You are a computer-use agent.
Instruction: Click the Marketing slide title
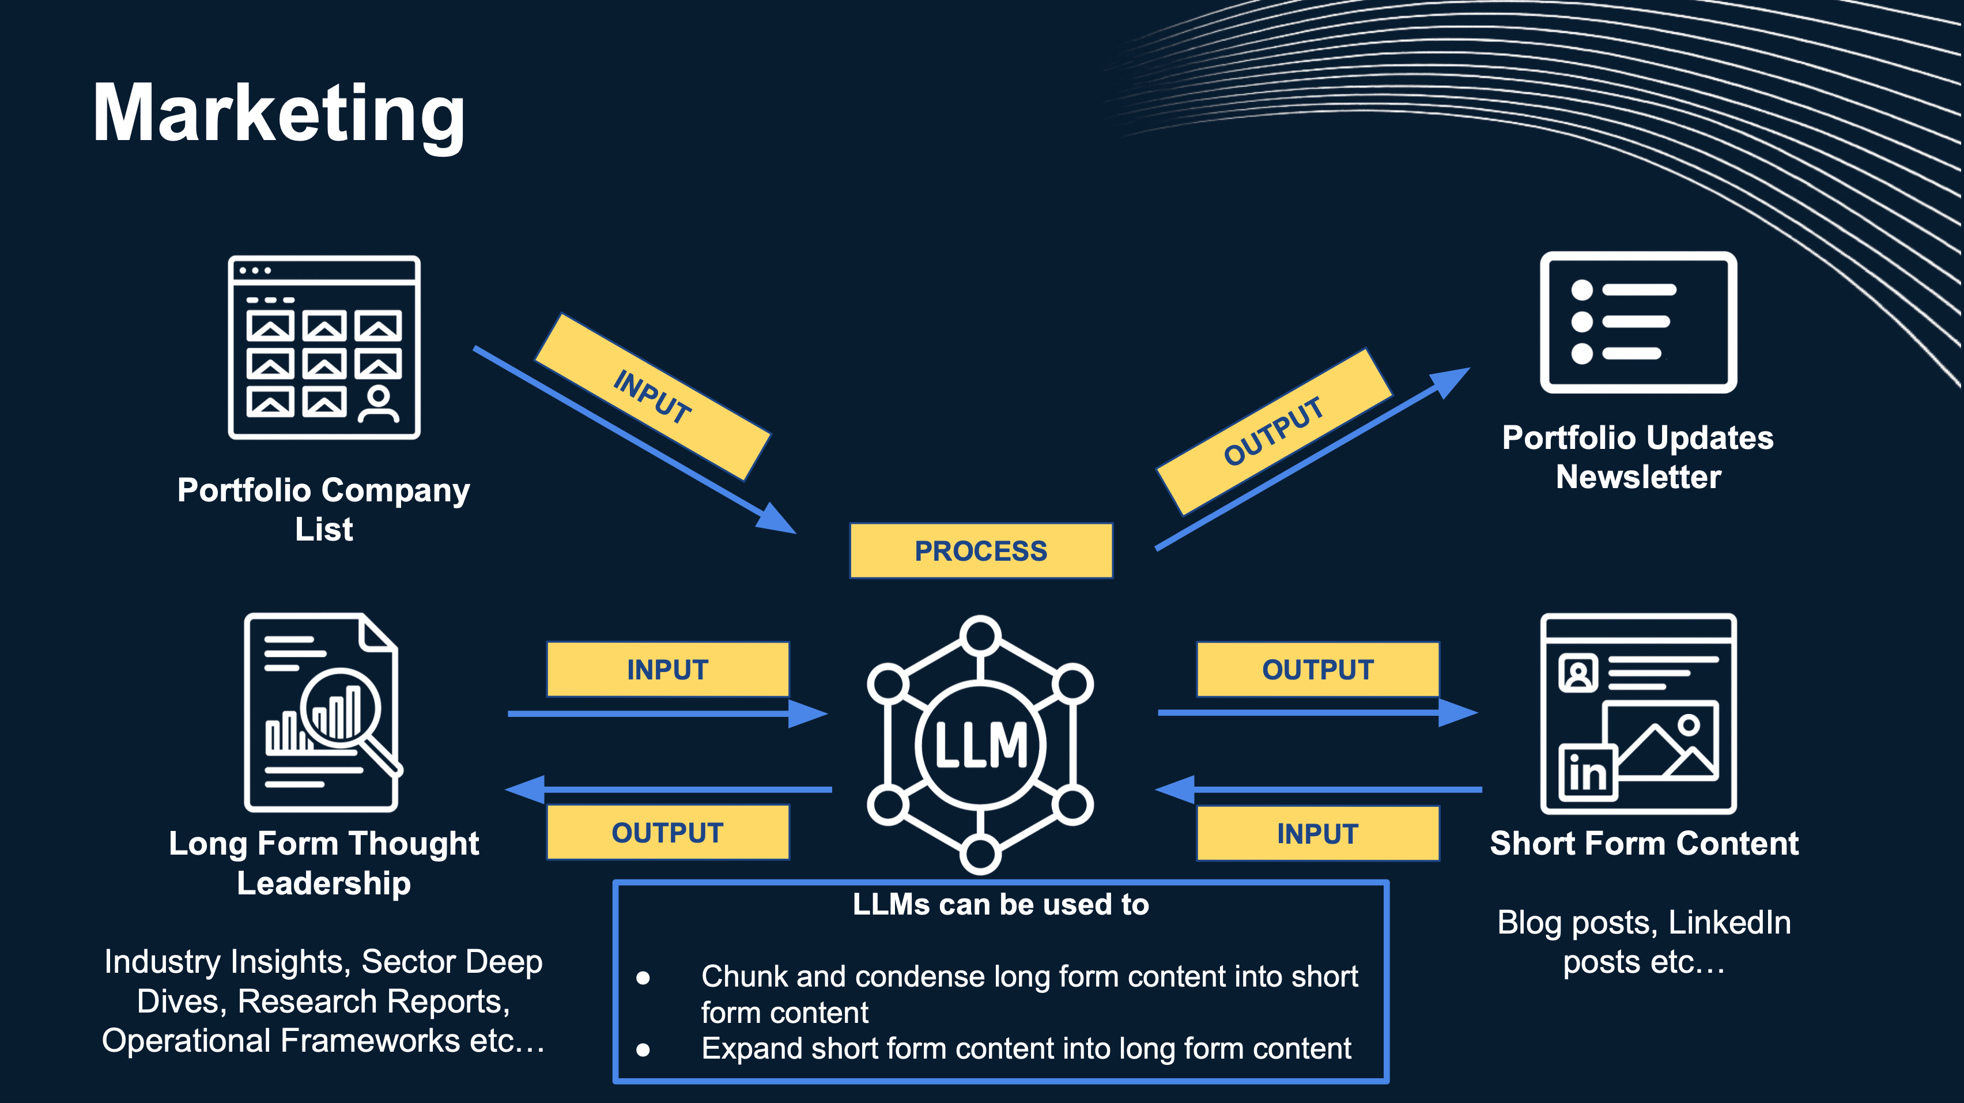click(278, 114)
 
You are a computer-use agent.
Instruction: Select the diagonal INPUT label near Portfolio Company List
click(652, 396)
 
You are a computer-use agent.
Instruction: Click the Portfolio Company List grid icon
click(324, 347)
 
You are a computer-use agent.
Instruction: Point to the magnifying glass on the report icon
click(341, 707)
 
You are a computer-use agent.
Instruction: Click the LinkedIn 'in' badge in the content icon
click(1587, 773)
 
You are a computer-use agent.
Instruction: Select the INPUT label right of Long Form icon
click(667, 669)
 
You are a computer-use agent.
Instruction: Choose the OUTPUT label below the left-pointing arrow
click(667, 832)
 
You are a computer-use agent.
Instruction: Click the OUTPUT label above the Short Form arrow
click(1317, 669)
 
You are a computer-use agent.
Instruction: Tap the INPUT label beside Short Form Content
click(1317, 833)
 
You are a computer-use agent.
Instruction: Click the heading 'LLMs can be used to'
click(1000, 904)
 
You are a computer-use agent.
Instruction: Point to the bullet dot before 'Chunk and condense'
click(643, 978)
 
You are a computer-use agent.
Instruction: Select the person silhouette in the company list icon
click(378, 403)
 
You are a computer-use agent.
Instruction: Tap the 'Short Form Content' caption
click(1644, 843)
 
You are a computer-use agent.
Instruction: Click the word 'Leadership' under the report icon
click(324, 883)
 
